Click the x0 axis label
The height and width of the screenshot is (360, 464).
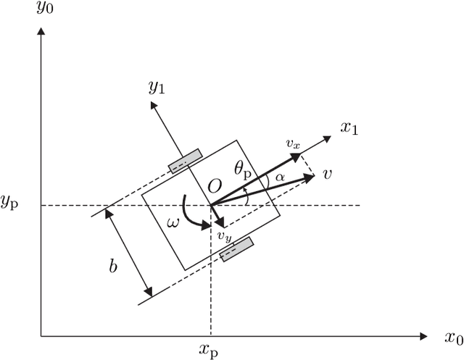tap(453, 338)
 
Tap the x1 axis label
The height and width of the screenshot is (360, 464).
tap(350, 128)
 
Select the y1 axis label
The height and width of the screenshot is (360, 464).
tap(156, 87)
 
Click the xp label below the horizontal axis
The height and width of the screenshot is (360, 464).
tap(209, 351)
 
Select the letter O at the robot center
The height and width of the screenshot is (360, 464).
tap(215, 188)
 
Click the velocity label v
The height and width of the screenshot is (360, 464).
tap(328, 174)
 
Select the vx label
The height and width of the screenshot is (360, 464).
tap(292, 144)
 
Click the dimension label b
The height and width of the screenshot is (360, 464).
tap(113, 266)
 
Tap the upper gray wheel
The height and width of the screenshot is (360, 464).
tap(185, 161)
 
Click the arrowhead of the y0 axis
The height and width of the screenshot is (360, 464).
tap(41, 33)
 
